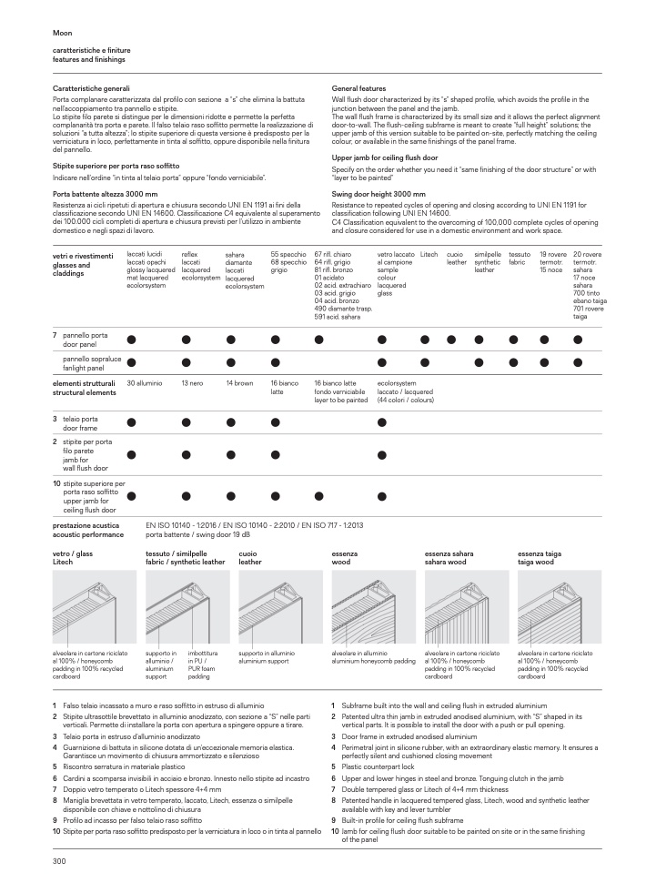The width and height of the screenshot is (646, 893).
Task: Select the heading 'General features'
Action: pos(359,88)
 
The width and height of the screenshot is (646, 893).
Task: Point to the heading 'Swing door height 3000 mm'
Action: pos(379,194)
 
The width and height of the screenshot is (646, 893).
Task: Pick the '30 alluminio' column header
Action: pos(145,384)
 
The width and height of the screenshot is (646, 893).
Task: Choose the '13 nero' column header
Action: pos(192,384)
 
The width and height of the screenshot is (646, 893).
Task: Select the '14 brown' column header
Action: pos(239,384)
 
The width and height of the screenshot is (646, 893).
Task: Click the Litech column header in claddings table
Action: pos(429,255)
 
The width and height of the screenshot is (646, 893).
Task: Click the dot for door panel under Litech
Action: pos(425,340)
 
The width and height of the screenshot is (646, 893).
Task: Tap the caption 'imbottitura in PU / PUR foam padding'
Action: pos(202,665)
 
